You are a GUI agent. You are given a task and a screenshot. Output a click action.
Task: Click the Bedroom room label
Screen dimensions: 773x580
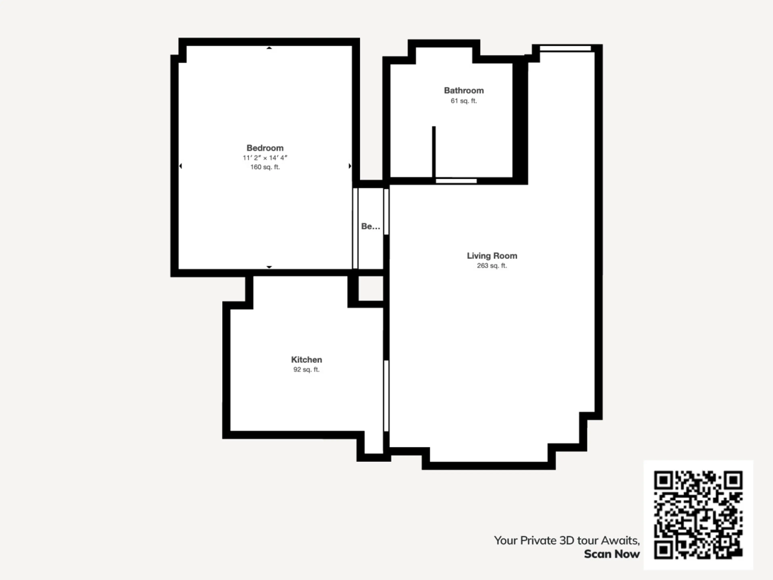click(265, 148)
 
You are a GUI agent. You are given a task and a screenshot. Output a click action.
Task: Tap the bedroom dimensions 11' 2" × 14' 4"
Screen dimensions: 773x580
click(265, 158)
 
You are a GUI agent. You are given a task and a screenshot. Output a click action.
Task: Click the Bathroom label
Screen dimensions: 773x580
click(464, 91)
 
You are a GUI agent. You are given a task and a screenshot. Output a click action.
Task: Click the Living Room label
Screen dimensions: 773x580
click(492, 256)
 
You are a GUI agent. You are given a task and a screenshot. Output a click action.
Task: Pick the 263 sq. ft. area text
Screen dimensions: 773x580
click(492, 266)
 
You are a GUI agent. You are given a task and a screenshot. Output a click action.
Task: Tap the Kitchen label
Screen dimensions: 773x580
click(306, 359)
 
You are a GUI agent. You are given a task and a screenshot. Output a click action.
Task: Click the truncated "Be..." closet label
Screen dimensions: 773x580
click(370, 226)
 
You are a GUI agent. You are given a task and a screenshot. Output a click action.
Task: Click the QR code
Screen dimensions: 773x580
click(698, 515)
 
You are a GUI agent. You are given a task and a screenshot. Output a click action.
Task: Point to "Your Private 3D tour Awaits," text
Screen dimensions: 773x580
click(567, 541)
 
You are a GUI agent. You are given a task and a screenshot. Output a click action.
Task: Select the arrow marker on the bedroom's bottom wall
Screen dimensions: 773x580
click(269, 267)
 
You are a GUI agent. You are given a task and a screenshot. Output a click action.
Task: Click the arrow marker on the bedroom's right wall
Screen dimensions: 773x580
click(350, 166)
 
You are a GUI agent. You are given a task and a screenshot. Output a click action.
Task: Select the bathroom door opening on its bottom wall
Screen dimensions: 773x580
click(456, 181)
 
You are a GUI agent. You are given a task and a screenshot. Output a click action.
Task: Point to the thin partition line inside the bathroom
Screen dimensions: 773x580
click(434, 152)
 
